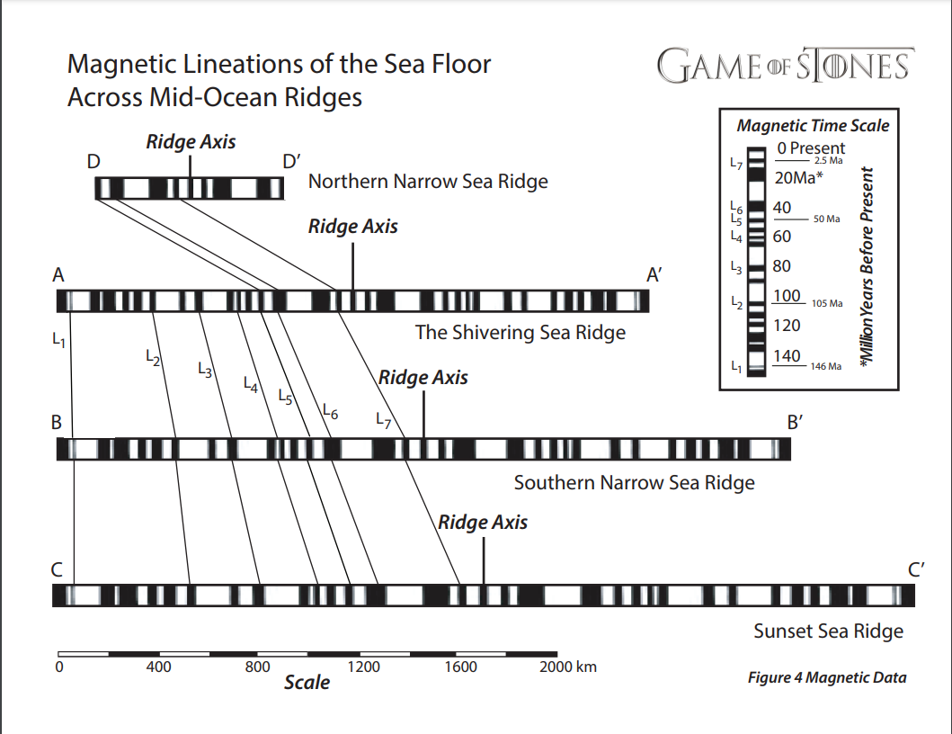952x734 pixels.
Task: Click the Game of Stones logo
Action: tap(785, 66)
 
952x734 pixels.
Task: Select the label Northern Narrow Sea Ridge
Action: tap(428, 182)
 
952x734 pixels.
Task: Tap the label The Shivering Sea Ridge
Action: tap(520, 332)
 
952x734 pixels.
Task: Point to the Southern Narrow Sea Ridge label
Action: tap(634, 483)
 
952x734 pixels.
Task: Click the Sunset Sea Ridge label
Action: tap(828, 631)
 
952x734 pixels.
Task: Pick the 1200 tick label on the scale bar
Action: tap(362, 667)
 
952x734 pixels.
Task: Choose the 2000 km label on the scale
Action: tap(567, 667)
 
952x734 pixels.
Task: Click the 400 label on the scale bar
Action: tap(158, 667)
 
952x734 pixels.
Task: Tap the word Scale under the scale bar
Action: tap(307, 683)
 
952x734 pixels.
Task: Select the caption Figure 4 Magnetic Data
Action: tap(827, 678)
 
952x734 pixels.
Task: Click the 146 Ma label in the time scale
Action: tap(826, 367)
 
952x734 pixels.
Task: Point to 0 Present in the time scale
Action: tap(811, 148)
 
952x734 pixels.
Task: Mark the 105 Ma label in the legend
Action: tap(826, 304)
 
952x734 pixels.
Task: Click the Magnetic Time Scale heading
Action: tap(813, 126)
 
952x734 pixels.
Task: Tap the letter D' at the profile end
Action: tap(291, 163)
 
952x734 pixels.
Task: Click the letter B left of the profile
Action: tap(56, 421)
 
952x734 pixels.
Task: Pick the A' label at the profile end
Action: tap(654, 275)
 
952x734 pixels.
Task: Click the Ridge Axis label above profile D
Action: tap(191, 142)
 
